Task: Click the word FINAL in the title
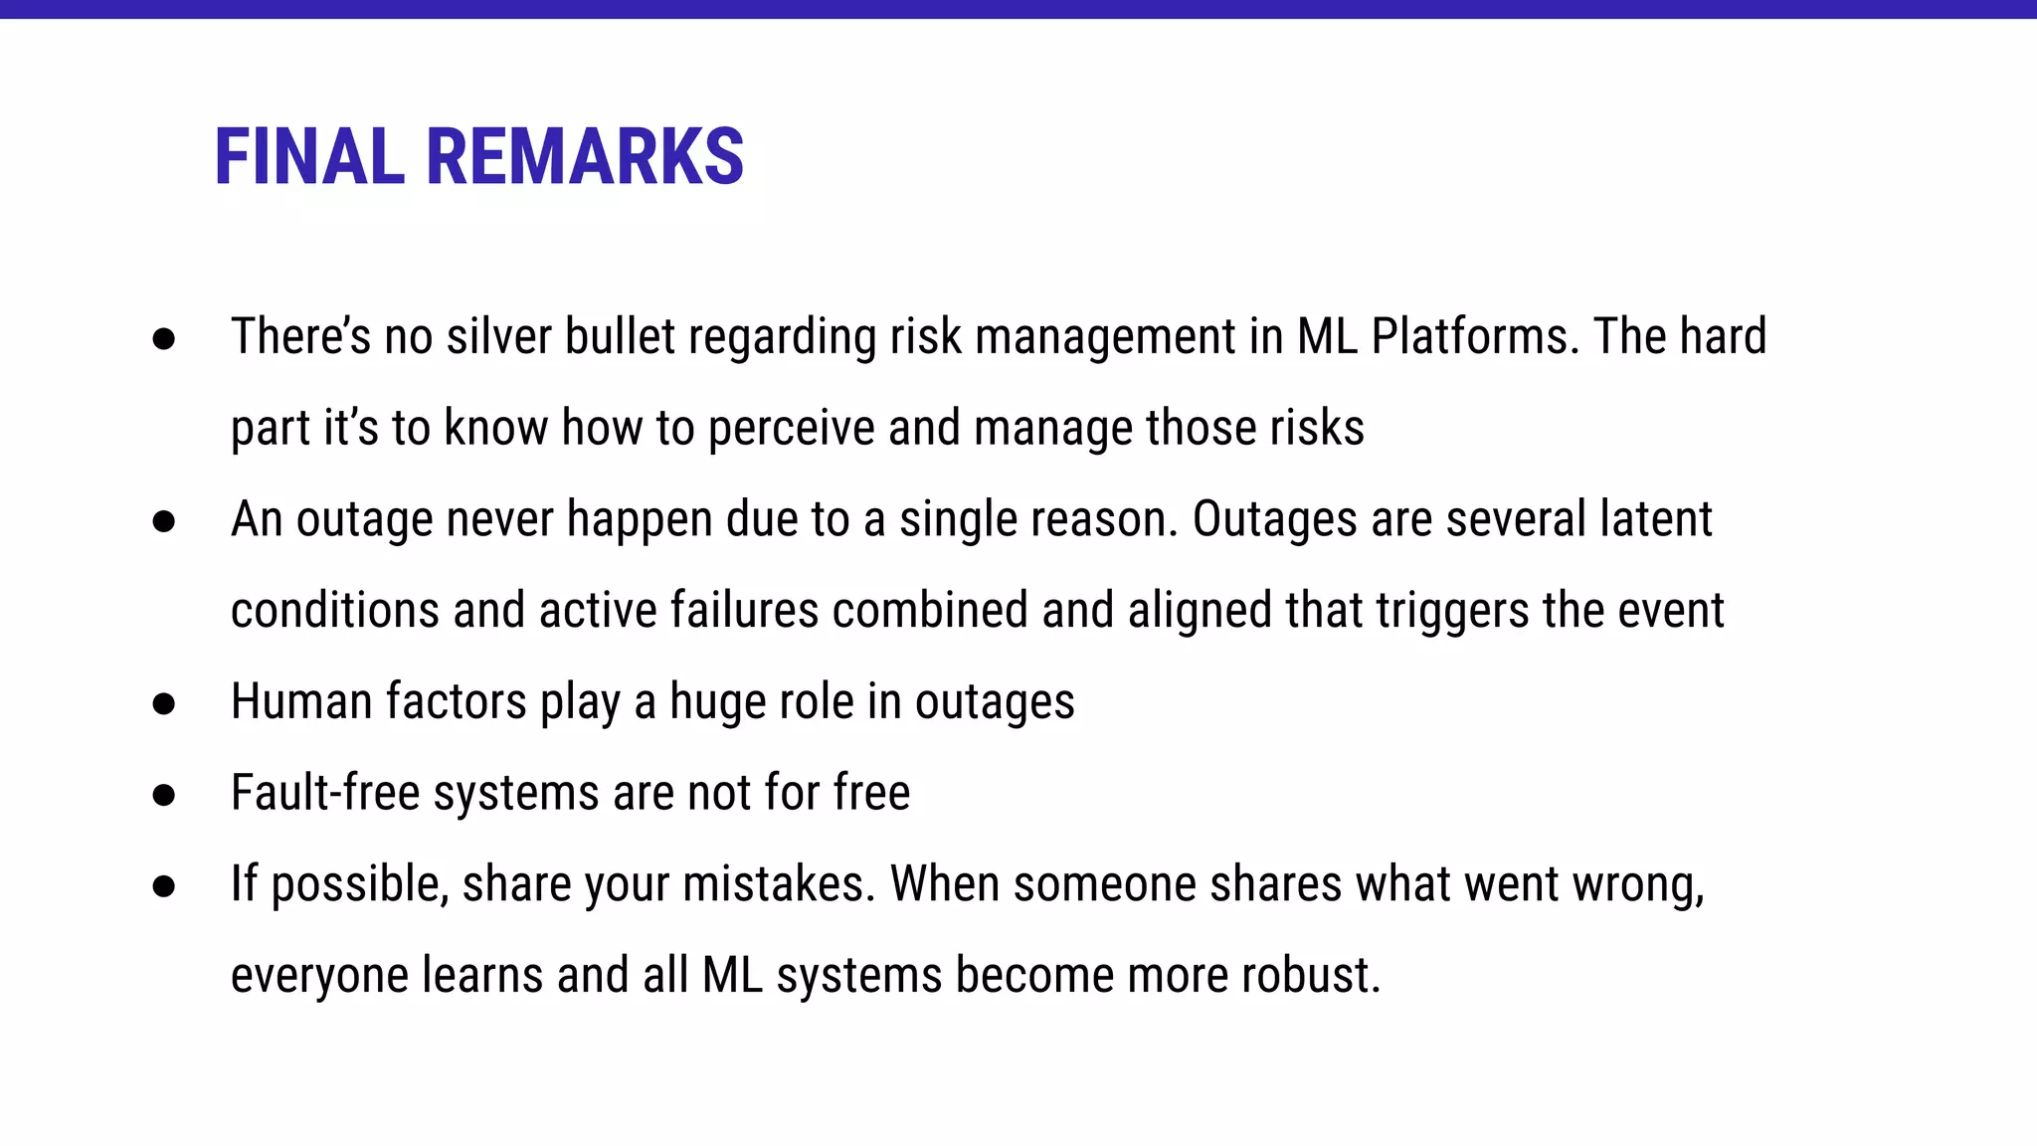coord(309,157)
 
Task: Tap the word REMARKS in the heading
coord(585,157)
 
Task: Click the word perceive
coord(791,428)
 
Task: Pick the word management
coord(1105,336)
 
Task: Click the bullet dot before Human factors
coord(164,704)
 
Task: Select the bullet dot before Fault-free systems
coord(164,796)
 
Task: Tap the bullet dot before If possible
coord(164,887)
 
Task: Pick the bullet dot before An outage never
coord(164,522)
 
